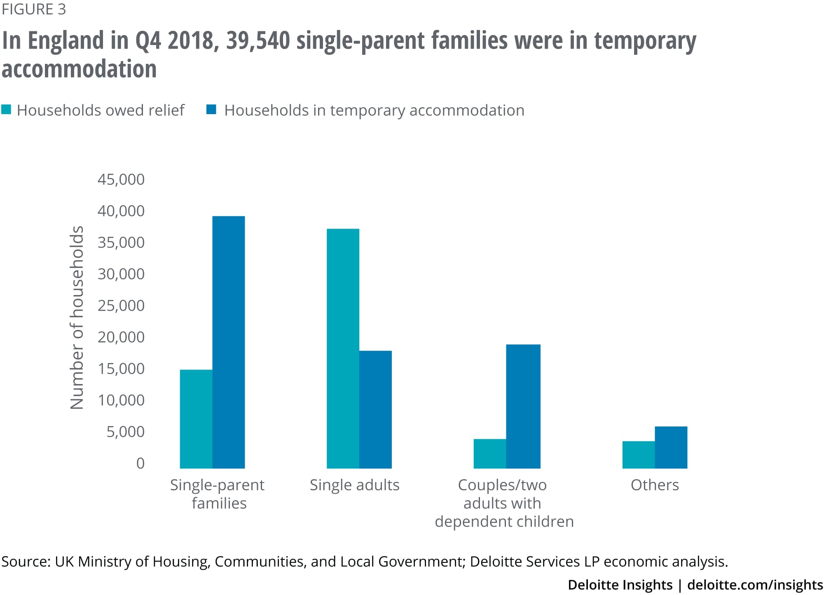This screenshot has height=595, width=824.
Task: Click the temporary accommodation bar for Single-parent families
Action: click(229, 342)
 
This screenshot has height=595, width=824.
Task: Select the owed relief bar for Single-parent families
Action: click(196, 419)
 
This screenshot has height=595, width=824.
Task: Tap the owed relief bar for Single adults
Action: click(343, 348)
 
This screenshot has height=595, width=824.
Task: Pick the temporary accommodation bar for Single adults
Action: click(375, 409)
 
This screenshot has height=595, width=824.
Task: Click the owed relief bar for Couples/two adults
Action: click(490, 453)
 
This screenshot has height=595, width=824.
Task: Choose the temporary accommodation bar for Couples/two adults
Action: click(523, 406)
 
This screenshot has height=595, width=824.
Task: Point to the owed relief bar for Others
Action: click(639, 454)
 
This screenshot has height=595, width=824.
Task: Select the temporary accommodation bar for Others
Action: click(671, 447)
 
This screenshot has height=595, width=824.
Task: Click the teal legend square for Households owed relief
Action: click(6, 110)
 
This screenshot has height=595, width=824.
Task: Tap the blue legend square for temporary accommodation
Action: click(211, 110)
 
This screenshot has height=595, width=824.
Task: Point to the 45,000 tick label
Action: click(121, 180)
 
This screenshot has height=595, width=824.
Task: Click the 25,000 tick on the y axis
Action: click(121, 306)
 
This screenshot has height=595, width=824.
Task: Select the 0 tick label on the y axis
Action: click(140, 464)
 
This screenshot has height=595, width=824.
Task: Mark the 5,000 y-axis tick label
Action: click(126, 432)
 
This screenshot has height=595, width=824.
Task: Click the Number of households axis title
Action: click(77, 317)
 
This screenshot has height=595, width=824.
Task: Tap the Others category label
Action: click(655, 485)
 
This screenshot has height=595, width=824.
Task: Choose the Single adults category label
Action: click(355, 485)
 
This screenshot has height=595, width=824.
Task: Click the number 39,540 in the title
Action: click(258, 41)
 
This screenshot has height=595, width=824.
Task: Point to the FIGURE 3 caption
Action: click(34, 9)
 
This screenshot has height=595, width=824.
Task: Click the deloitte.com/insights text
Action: click(755, 585)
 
